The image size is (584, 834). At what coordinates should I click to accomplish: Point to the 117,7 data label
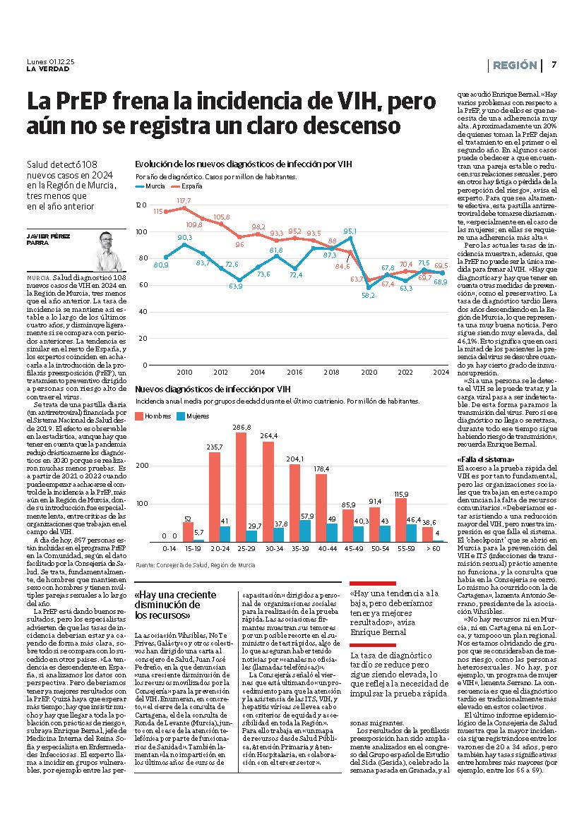(x=184, y=201)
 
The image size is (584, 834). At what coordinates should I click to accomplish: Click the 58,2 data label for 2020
(x=368, y=296)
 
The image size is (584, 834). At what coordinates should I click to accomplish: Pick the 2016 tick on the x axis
(x=294, y=372)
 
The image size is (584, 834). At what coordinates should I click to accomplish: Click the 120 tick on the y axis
(x=141, y=205)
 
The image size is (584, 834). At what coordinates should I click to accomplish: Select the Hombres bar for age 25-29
(x=241, y=487)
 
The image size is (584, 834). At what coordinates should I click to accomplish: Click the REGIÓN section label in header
(x=514, y=65)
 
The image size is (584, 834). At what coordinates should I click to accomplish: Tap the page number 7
(x=554, y=65)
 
